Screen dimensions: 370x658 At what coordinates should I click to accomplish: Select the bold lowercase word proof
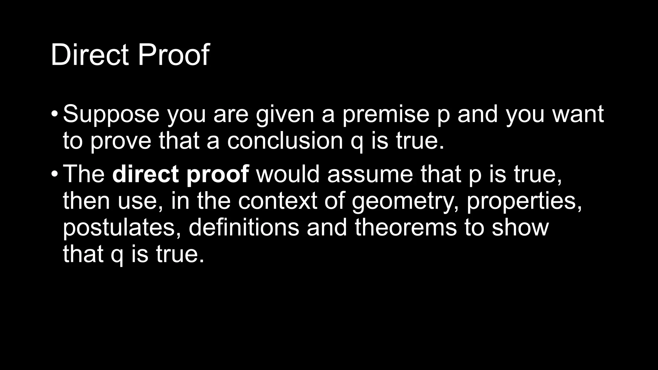[218, 174]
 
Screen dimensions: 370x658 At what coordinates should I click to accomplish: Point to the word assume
[370, 174]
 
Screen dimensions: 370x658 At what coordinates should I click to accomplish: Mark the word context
[278, 201]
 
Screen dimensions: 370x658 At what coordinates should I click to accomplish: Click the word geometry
[405, 201]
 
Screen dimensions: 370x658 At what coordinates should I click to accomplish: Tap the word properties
[524, 201]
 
